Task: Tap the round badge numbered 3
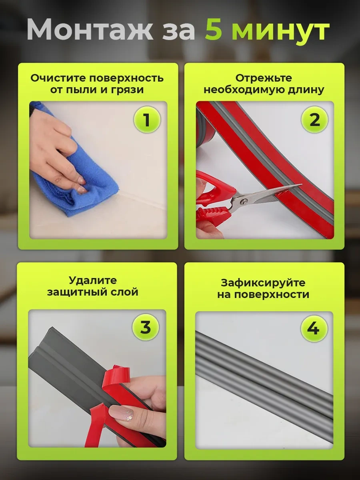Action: (146, 327)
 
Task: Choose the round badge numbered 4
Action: (314, 328)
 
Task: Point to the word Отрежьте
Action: (263, 78)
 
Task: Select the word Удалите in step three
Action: (93, 280)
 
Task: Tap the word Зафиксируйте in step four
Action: (263, 283)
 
